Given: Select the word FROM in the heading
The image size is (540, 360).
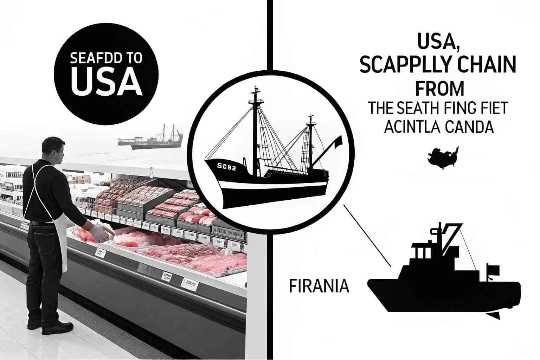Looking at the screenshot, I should tap(440, 88).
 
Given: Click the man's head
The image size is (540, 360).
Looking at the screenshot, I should tap(54, 149).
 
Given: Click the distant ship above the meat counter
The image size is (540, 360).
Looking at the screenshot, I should tap(151, 139).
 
